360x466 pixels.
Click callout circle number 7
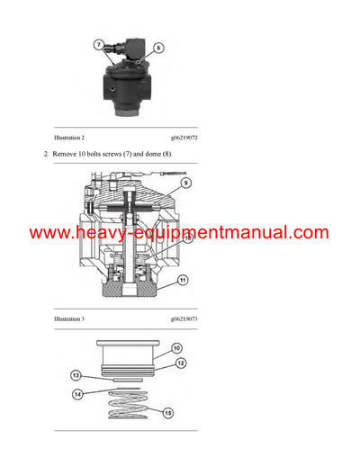[x=100, y=43]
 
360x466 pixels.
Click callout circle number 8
[x=159, y=47]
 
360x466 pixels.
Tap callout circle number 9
[x=185, y=184]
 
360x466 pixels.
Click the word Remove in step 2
[x=66, y=155]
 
